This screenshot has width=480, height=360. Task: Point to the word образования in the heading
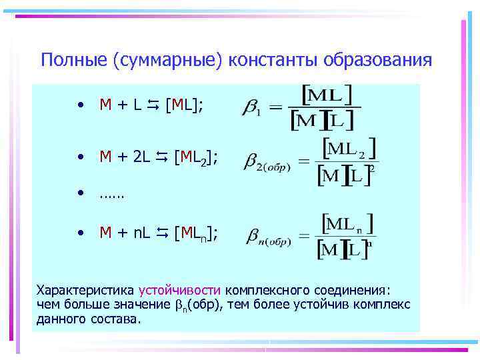pyautogui.click(x=377, y=61)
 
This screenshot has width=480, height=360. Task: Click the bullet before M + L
pyautogui.click(x=79, y=105)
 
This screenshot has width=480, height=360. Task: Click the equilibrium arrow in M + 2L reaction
pyautogui.click(x=162, y=157)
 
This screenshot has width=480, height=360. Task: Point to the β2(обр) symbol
pyautogui.click(x=267, y=161)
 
